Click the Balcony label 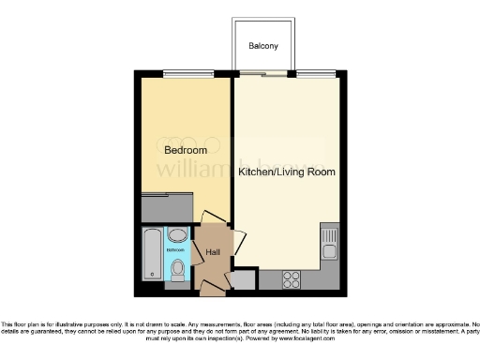coord(262,47)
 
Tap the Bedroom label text coord(185,150)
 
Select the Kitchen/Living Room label coord(286,172)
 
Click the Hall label coord(213,252)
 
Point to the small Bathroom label coord(175,250)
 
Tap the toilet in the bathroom coord(178,270)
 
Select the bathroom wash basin coord(176,236)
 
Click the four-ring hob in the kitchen coord(291,278)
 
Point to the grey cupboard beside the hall coord(243,279)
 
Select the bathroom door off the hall coord(195,246)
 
